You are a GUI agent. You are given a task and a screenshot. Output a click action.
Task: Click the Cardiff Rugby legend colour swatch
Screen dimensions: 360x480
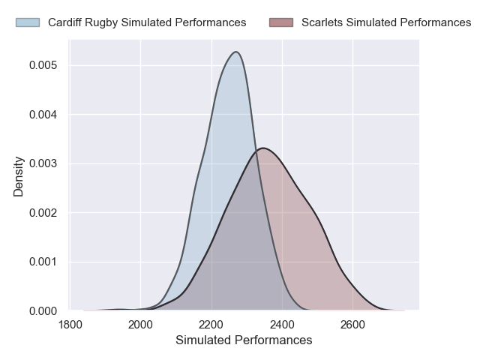point(28,22)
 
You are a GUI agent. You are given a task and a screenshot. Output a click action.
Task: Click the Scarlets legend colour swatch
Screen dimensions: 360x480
point(281,22)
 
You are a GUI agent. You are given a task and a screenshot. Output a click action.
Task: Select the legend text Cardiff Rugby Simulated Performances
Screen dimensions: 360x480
point(147,22)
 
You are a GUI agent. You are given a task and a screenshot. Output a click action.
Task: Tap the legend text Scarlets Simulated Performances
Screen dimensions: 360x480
point(386,22)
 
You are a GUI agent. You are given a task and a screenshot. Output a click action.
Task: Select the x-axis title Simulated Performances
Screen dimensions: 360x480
point(244,340)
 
